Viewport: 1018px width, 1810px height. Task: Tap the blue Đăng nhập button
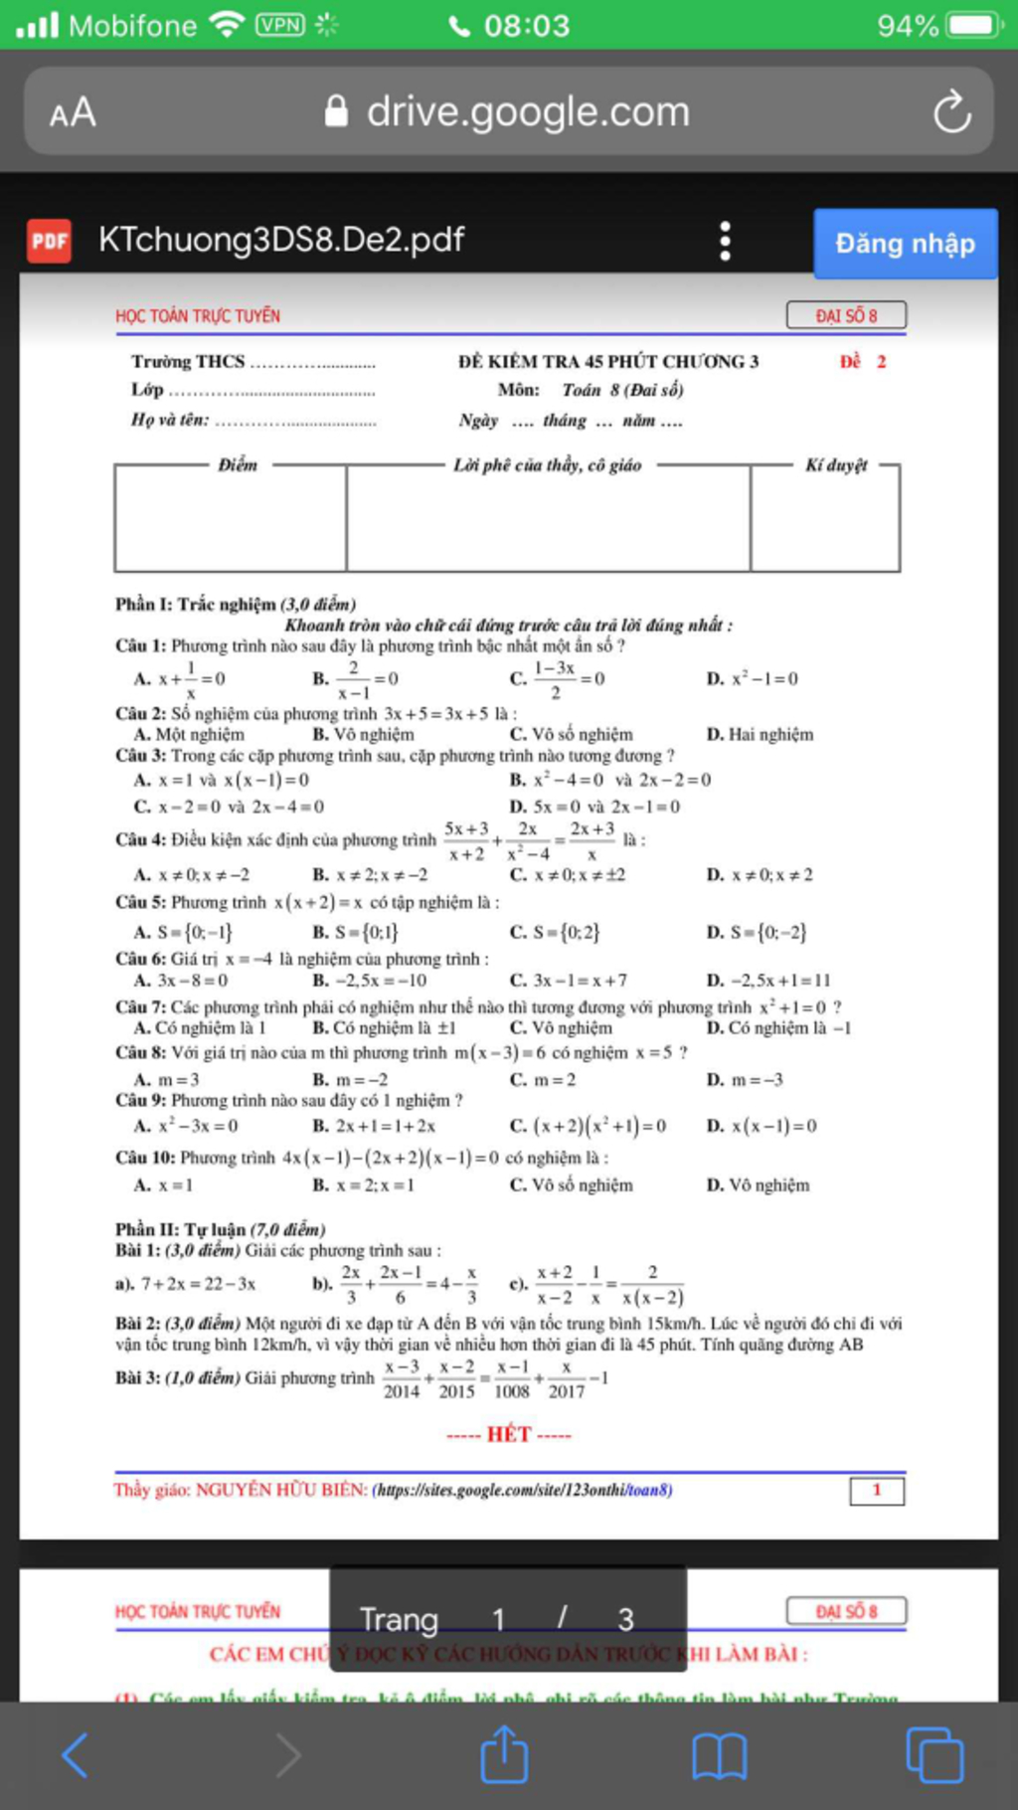pyautogui.click(x=905, y=244)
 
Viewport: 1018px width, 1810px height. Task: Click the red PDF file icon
pyautogui.click(x=49, y=241)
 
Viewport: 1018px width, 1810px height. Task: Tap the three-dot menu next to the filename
pyautogui.click(x=725, y=241)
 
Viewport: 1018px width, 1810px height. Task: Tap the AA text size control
pyautogui.click(x=73, y=112)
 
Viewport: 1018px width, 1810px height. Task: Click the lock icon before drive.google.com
pyautogui.click(x=336, y=111)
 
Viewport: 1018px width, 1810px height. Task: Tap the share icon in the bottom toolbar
pyautogui.click(x=504, y=1755)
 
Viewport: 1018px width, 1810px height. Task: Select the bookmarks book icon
pyautogui.click(x=719, y=1756)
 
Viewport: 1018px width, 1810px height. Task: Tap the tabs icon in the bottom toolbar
pyautogui.click(x=933, y=1756)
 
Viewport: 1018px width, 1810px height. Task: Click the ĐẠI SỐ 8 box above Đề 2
pyautogui.click(x=846, y=315)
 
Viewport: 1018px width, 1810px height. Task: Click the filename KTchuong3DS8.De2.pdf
pyautogui.click(x=281, y=240)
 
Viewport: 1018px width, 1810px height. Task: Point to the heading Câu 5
pyautogui.click(x=140, y=903)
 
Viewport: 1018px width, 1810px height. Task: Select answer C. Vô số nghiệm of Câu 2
pyautogui.click(x=572, y=735)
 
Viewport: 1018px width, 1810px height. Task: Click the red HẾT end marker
pyautogui.click(x=508, y=1434)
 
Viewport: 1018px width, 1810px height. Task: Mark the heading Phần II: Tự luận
pyautogui.click(x=220, y=1229)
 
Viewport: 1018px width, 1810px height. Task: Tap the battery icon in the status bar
pyautogui.click(x=972, y=25)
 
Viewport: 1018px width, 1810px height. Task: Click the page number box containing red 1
pyautogui.click(x=877, y=1490)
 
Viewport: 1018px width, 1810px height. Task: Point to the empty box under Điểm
pyautogui.click(x=231, y=520)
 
